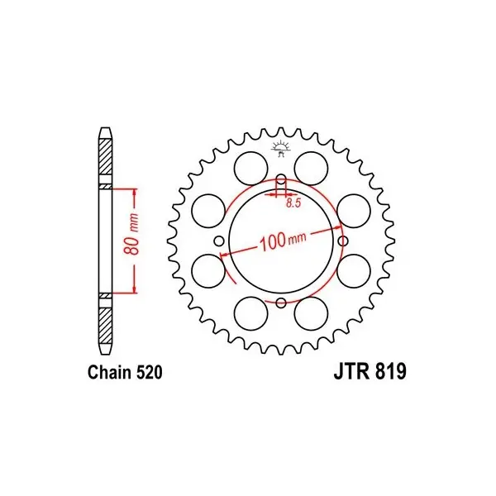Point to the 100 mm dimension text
pyautogui.click(x=282, y=241)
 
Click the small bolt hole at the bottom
pyautogui.click(x=282, y=303)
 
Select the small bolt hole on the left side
pyautogui.click(x=220, y=241)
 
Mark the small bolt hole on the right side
pyautogui.click(x=344, y=241)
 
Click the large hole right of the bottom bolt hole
pyautogui.click(x=312, y=313)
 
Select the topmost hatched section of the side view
pyautogui.click(x=105, y=158)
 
